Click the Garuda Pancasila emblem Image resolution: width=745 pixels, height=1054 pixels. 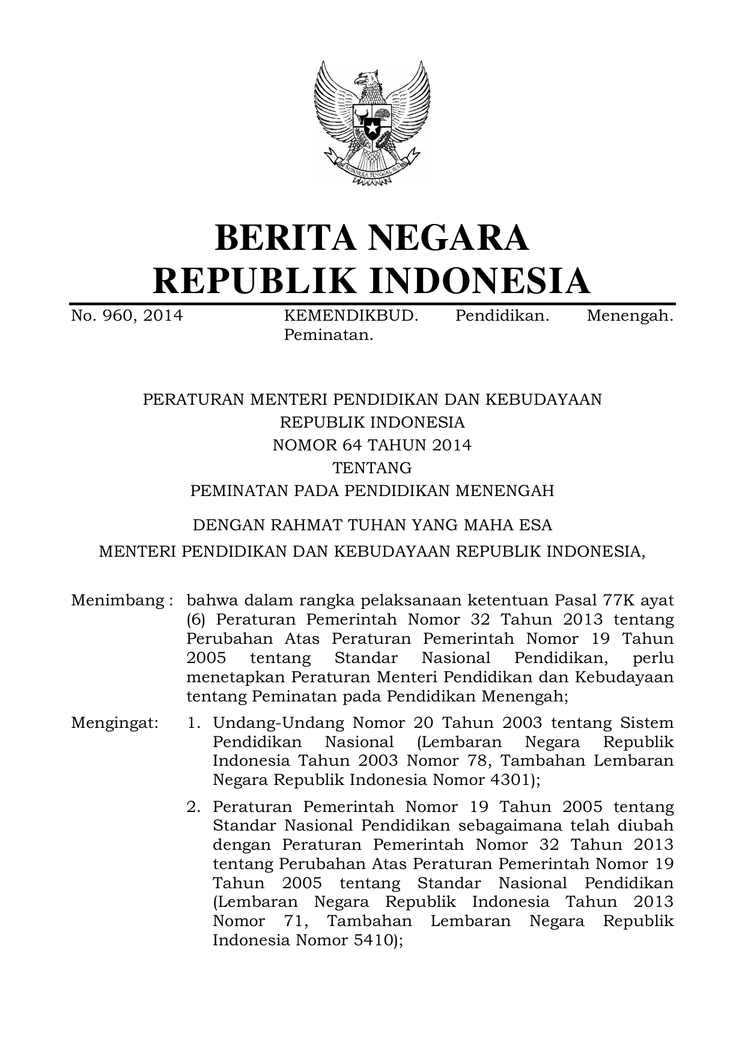pos(372,123)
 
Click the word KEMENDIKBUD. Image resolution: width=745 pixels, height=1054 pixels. pos(351,316)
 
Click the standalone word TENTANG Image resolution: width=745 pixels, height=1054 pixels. pos(372,468)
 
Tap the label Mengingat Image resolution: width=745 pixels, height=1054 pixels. pos(115,722)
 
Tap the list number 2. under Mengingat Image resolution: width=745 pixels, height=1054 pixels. pos(193,807)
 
